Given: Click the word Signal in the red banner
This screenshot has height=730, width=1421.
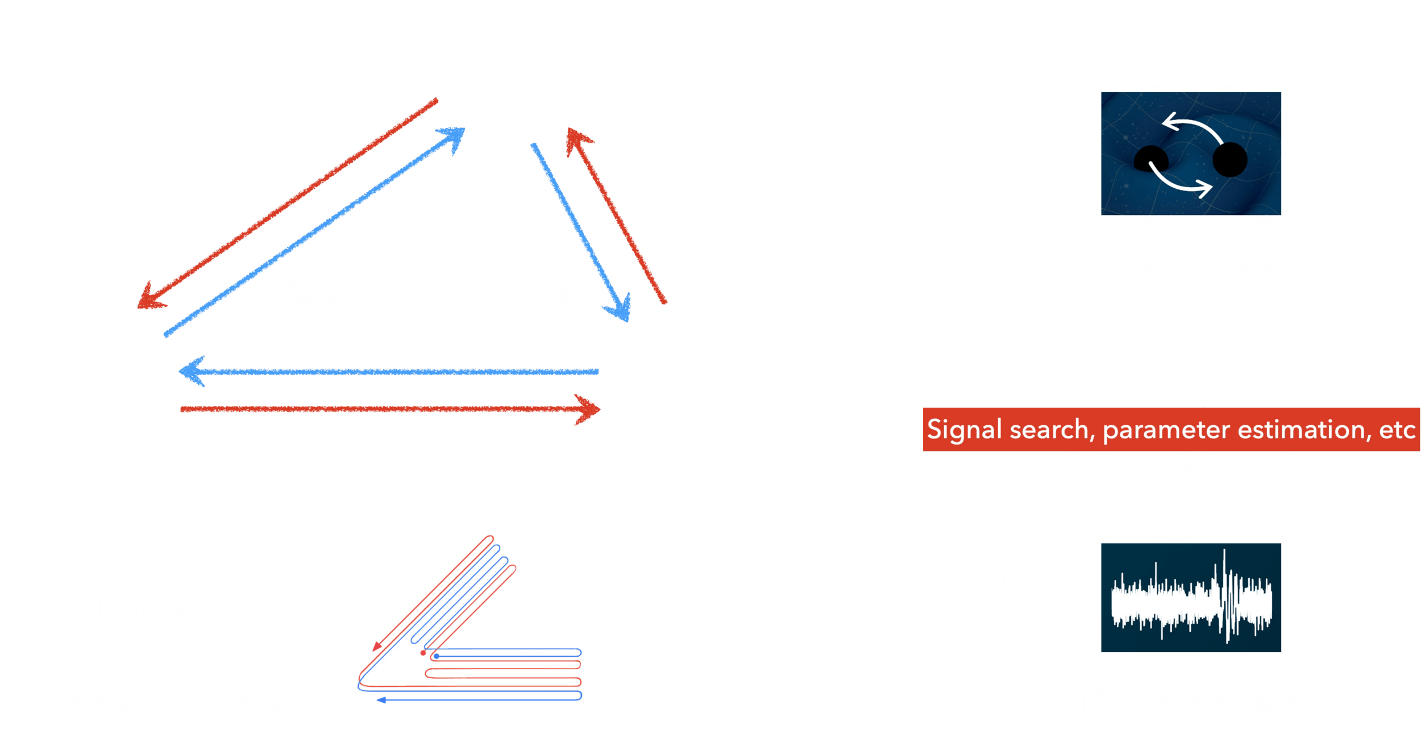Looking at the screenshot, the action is (964, 430).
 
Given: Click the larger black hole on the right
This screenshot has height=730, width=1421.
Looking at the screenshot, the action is (1229, 160).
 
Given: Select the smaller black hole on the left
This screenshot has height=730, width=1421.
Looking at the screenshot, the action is (1150, 159).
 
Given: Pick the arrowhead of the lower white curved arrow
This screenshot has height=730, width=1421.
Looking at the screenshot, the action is (1204, 188).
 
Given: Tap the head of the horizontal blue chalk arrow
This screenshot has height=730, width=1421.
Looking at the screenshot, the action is (192, 371).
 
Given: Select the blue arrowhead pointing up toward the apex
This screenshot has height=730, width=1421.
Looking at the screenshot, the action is (453, 138).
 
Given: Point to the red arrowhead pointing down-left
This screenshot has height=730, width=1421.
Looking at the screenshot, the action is (150, 297).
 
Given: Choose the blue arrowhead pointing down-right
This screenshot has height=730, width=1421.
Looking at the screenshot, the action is (620, 309).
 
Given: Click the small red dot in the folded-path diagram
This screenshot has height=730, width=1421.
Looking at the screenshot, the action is (423, 653).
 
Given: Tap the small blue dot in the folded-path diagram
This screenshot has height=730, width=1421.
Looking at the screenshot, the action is (436, 656).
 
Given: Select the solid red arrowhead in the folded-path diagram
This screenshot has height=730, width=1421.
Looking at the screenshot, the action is (377, 646).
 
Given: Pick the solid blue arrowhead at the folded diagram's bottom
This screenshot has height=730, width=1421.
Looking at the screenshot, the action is (381, 700).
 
